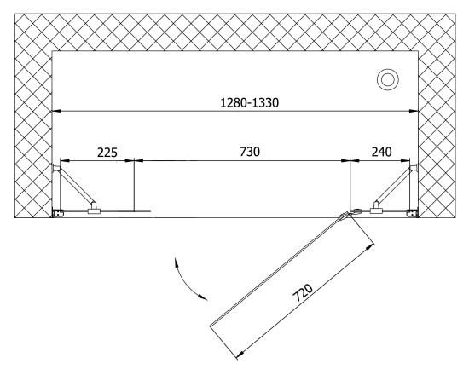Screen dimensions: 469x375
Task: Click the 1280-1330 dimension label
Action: pyautogui.click(x=250, y=103)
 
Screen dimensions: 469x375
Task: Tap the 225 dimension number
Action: pyautogui.click(x=107, y=153)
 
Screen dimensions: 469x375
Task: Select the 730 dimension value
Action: pyautogui.click(x=250, y=152)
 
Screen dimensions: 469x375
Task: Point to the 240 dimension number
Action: pyautogui.click(x=382, y=152)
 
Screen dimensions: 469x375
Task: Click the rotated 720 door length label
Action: pyautogui.click(x=303, y=292)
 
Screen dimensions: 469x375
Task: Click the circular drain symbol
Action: pyautogui.click(x=388, y=80)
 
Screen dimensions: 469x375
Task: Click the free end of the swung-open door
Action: pyautogui.click(x=211, y=325)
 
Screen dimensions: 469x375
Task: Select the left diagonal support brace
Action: pyautogui.click(x=77, y=186)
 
